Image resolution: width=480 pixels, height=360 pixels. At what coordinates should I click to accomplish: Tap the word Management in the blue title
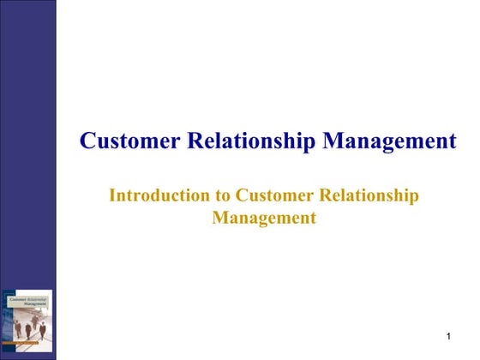[389, 141]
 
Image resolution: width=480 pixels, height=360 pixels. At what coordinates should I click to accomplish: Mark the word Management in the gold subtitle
[264, 218]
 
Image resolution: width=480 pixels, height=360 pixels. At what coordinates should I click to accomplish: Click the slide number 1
[448, 333]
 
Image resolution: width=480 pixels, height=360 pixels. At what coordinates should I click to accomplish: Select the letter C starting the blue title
[87, 141]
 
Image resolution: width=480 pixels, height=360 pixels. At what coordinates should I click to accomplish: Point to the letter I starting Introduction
[112, 195]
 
